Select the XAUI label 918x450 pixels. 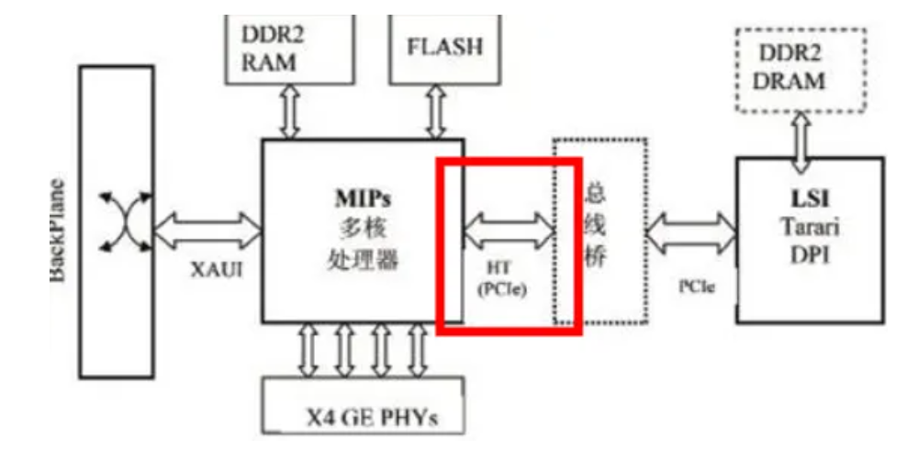coord(208,272)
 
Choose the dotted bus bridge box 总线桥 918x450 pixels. coord(599,231)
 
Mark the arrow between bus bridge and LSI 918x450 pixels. coord(691,229)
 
